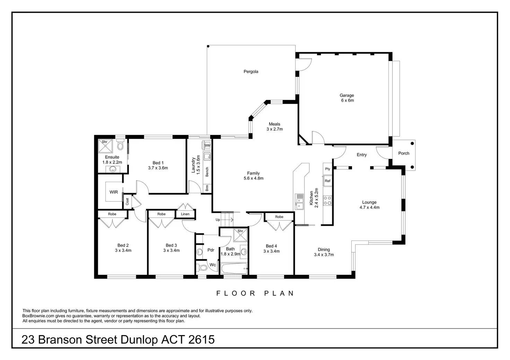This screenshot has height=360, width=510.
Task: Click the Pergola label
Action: click(x=251, y=72)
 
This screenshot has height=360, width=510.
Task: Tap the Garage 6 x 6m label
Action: click(x=347, y=98)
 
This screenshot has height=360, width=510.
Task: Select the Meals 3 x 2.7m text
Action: click(x=275, y=126)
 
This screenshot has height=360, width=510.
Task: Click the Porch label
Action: click(x=404, y=153)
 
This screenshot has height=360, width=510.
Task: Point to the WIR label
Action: click(x=114, y=192)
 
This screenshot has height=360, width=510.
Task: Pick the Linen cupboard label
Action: click(x=185, y=214)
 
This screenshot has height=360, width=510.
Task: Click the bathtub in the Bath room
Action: click(x=234, y=269)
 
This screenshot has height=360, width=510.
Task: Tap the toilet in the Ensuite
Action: click(x=121, y=144)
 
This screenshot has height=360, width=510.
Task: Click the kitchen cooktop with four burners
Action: click(x=327, y=200)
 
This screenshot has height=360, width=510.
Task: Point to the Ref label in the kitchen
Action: click(x=327, y=181)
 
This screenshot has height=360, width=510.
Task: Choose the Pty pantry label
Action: click(x=328, y=169)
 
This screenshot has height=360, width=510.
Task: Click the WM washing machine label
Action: click(x=207, y=145)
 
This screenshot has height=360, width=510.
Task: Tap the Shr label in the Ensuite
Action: click(x=105, y=142)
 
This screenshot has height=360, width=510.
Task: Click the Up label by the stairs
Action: click(x=218, y=220)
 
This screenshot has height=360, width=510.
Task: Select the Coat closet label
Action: click(x=127, y=201)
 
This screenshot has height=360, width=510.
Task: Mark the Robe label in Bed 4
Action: click(x=279, y=217)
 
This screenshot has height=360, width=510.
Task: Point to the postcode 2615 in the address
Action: click(x=202, y=340)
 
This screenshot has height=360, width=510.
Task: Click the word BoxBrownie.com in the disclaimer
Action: click(x=38, y=316)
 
